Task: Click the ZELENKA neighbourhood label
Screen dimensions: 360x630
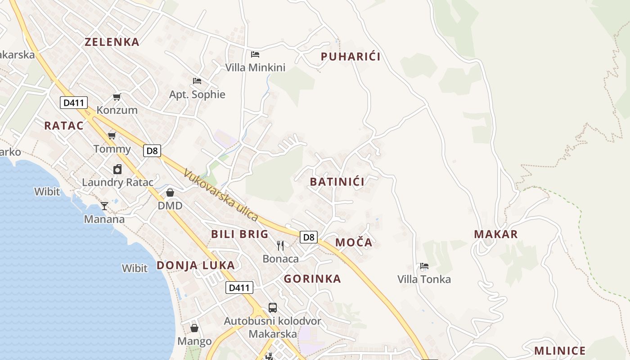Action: point(112,42)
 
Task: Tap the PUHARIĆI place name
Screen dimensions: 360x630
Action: point(351,57)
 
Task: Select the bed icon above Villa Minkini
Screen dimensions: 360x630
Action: point(255,54)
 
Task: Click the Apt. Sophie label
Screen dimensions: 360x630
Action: point(197,94)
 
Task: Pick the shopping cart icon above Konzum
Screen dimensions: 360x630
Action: point(117,97)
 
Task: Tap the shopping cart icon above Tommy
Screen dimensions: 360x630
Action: point(112,135)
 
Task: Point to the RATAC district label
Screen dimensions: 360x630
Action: point(64,126)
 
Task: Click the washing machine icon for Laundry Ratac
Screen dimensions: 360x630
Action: point(117,169)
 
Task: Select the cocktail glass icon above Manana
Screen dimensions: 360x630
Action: point(104,206)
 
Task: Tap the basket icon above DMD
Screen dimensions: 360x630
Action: point(170,193)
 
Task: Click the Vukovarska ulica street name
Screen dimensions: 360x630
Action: point(221,195)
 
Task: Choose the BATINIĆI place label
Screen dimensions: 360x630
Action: point(337,182)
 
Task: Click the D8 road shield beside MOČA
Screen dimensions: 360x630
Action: point(309,237)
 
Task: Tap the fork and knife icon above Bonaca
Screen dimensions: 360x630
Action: point(280,245)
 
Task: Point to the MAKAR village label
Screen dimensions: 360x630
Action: point(496,234)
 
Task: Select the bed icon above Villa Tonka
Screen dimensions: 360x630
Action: point(424,266)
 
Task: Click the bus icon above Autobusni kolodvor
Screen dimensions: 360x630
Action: point(273,308)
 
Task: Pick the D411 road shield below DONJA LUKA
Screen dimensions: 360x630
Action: point(239,288)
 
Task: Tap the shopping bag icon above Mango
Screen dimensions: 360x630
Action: point(194,328)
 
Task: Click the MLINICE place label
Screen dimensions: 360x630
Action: point(560,351)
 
